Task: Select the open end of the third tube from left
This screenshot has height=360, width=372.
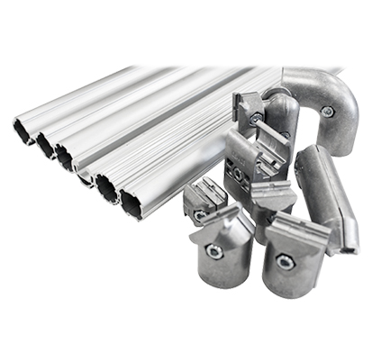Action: coord(64,158)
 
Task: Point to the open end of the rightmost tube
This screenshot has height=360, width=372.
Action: coord(133,206)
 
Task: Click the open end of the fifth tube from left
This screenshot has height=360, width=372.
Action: coord(107,188)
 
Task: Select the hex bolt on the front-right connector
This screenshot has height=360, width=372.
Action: coord(284,262)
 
